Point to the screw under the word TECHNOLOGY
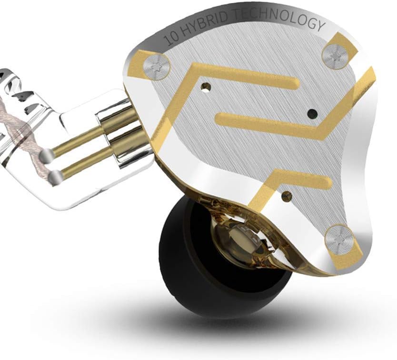click(336, 56)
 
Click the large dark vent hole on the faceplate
click(312, 114)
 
